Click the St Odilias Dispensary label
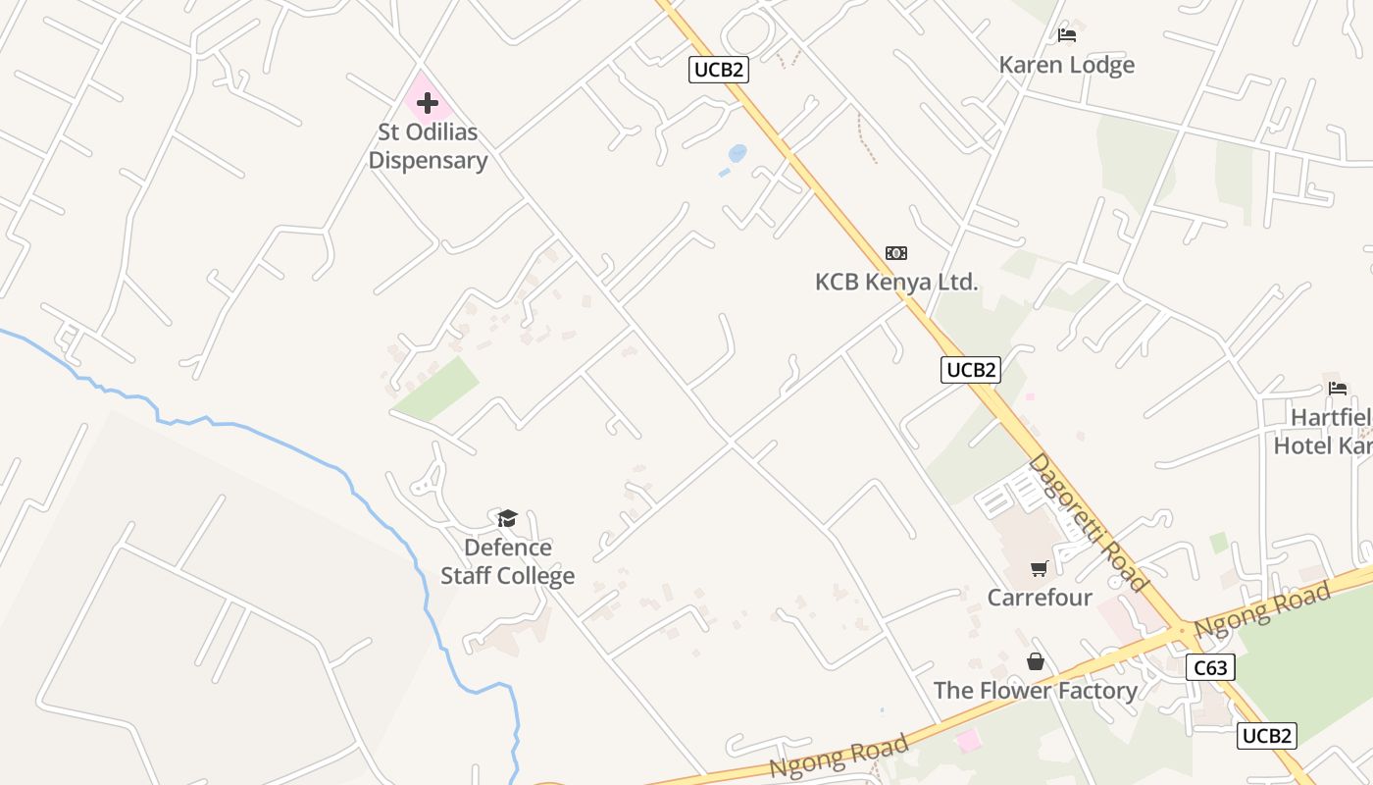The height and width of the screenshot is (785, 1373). coord(428,146)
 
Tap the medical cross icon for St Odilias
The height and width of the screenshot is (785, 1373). coord(427,102)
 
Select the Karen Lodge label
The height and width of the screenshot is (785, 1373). coord(1066,65)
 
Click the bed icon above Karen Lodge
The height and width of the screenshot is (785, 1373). coord(1067,35)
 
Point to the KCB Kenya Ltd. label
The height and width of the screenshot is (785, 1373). coord(896,283)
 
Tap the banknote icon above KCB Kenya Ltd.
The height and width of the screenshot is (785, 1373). coord(895,253)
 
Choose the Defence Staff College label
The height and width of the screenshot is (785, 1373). coord(507,561)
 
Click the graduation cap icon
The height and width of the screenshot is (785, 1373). coord(507,518)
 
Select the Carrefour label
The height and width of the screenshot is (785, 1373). coord(1040,598)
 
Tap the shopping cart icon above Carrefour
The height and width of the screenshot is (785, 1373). coord(1040,569)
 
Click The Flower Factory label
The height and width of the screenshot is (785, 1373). coord(1035,691)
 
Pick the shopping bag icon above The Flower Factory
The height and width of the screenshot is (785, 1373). coord(1035,662)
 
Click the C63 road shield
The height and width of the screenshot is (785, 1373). coord(1209,668)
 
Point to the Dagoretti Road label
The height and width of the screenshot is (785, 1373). coord(1088,523)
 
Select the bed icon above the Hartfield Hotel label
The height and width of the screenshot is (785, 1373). coord(1338,388)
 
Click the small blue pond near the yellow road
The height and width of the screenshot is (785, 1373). coord(737,153)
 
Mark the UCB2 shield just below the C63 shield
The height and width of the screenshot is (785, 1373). coord(1266,736)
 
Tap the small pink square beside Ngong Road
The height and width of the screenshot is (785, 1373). coord(968,740)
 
